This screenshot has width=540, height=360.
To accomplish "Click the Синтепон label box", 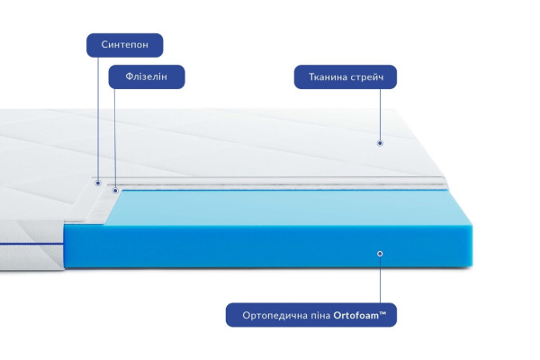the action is pyautogui.click(x=125, y=45).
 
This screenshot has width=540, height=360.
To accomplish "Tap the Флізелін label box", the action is pyautogui.click(x=147, y=76).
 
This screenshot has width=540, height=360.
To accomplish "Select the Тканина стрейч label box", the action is pyautogui.click(x=346, y=76).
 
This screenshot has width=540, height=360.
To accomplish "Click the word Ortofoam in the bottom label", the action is pyautogui.click(x=355, y=315).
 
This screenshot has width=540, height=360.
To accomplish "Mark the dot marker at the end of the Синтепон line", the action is pyautogui.click(x=98, y=183).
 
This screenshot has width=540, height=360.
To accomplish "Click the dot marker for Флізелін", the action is pyautogui.click(x=115, y=191).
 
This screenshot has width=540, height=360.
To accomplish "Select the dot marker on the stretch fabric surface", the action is pyautogui.click(x=380, y=143).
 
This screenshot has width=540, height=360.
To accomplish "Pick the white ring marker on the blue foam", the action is pyautogui.click(x=380, y=254).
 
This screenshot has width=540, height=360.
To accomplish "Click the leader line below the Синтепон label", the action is pyautogui.click(x=98, y=119).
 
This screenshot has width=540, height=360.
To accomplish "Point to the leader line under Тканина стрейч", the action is pyautogui.click(x=380, y=114).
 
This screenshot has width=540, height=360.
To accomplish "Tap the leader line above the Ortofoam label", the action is pyautogui.click(x=380, y=280).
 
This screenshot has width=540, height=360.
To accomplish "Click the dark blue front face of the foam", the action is pyautogui.click(x=268, y=246).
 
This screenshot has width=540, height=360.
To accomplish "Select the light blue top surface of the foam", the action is pyautogui.click(x=286, y=207).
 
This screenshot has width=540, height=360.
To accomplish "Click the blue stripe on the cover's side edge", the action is pyautogui.click(x=31, y=245).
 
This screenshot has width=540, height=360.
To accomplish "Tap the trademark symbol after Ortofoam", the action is pyautogui.click(x=382, y=313).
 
